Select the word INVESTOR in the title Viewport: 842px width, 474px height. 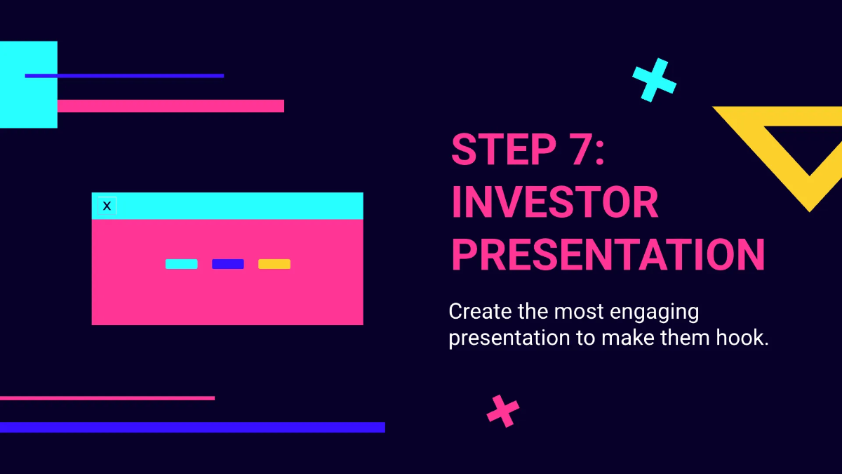555,202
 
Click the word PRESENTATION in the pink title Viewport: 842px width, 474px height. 608,254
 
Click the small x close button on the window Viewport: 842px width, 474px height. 107,206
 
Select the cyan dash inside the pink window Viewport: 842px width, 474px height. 181,264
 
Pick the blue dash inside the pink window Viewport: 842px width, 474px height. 228,264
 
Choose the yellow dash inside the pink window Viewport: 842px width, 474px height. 274,264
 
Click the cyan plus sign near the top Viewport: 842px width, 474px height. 654,80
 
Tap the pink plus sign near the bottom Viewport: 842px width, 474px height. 503,411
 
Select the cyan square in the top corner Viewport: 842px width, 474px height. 28,102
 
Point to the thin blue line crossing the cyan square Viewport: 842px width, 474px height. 140,76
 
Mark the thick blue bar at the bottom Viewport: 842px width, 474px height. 192,427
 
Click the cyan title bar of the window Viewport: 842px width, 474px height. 239,206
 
